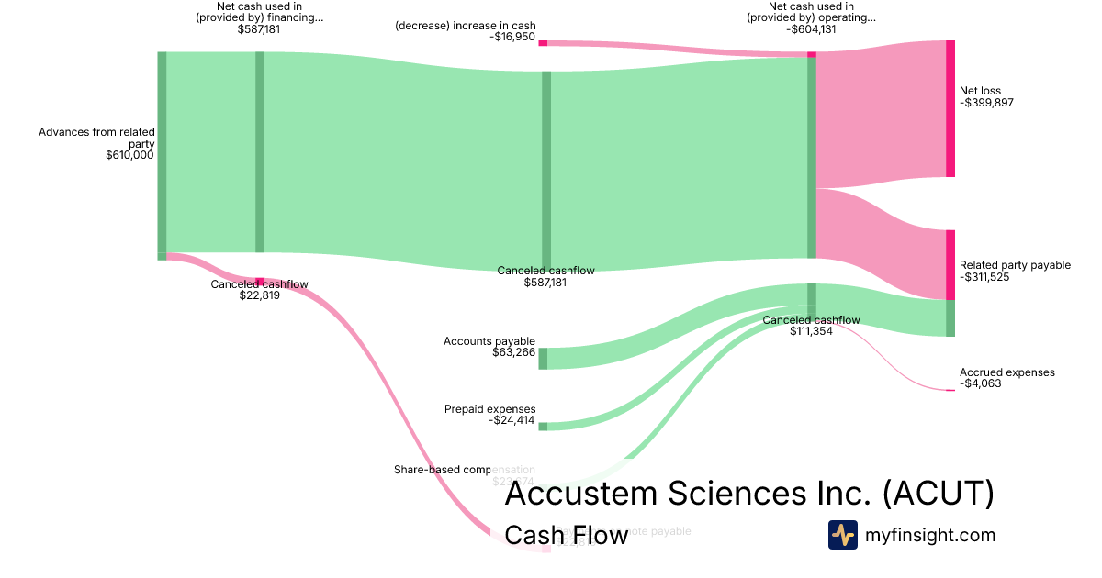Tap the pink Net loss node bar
(x=950, y=108)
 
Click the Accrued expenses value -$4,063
(x=980, y=383)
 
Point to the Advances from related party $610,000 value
(x=129, y=155)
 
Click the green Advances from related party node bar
(x=162, y=151)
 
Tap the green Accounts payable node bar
(x=543, y=359)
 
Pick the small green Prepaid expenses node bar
(x=543, y=427)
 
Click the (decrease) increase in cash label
(x=466, y=26)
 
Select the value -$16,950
(x=512, y=38)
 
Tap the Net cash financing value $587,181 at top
(x=259, y=29)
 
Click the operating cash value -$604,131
(x=811, y=29)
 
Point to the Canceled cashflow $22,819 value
(x=259, y=295)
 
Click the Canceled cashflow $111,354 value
(x=811, y=331)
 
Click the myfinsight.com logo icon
(x=842, y=535)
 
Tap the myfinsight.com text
(x=930, y=535)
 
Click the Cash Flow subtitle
(x=567, y=535)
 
